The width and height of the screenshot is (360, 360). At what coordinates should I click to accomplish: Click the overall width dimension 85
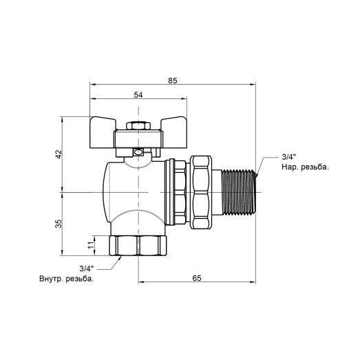click(x=172, y=81)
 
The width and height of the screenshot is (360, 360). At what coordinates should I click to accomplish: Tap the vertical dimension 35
click(x=59, y=222)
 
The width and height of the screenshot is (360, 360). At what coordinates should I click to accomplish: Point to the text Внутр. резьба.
click(x=67, y=279)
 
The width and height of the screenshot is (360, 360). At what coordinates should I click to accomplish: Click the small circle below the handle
click(x=138, y=153)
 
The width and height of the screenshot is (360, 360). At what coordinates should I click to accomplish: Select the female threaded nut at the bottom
click(x=138, y=245)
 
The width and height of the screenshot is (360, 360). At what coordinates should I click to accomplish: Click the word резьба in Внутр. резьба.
click(x=78, y=279)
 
